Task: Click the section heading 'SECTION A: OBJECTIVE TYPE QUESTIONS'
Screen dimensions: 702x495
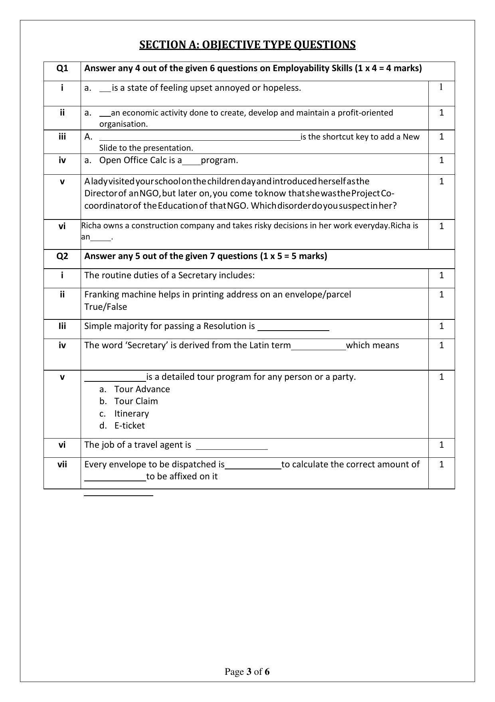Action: click(x=247, y=45)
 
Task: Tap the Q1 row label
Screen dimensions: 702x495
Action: click(x=62, y=68)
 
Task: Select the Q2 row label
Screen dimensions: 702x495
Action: click(x=62, y=256)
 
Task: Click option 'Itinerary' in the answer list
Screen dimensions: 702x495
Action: click(x=131, y=413)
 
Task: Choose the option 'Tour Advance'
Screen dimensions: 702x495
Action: click(x=142, y=389)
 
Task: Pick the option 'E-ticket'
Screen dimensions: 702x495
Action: click(x=129, y=425)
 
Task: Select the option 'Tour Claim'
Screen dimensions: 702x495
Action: click(x=136, y=401)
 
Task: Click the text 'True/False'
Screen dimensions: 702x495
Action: click(x=105, y=307)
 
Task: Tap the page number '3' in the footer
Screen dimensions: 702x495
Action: click(x=249, y=672)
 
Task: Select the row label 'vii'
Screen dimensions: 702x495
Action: click(x=62, y=465)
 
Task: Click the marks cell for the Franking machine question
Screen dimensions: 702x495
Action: click(x=442, y=295)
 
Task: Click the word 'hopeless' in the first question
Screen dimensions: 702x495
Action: click(x=283, y=88)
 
